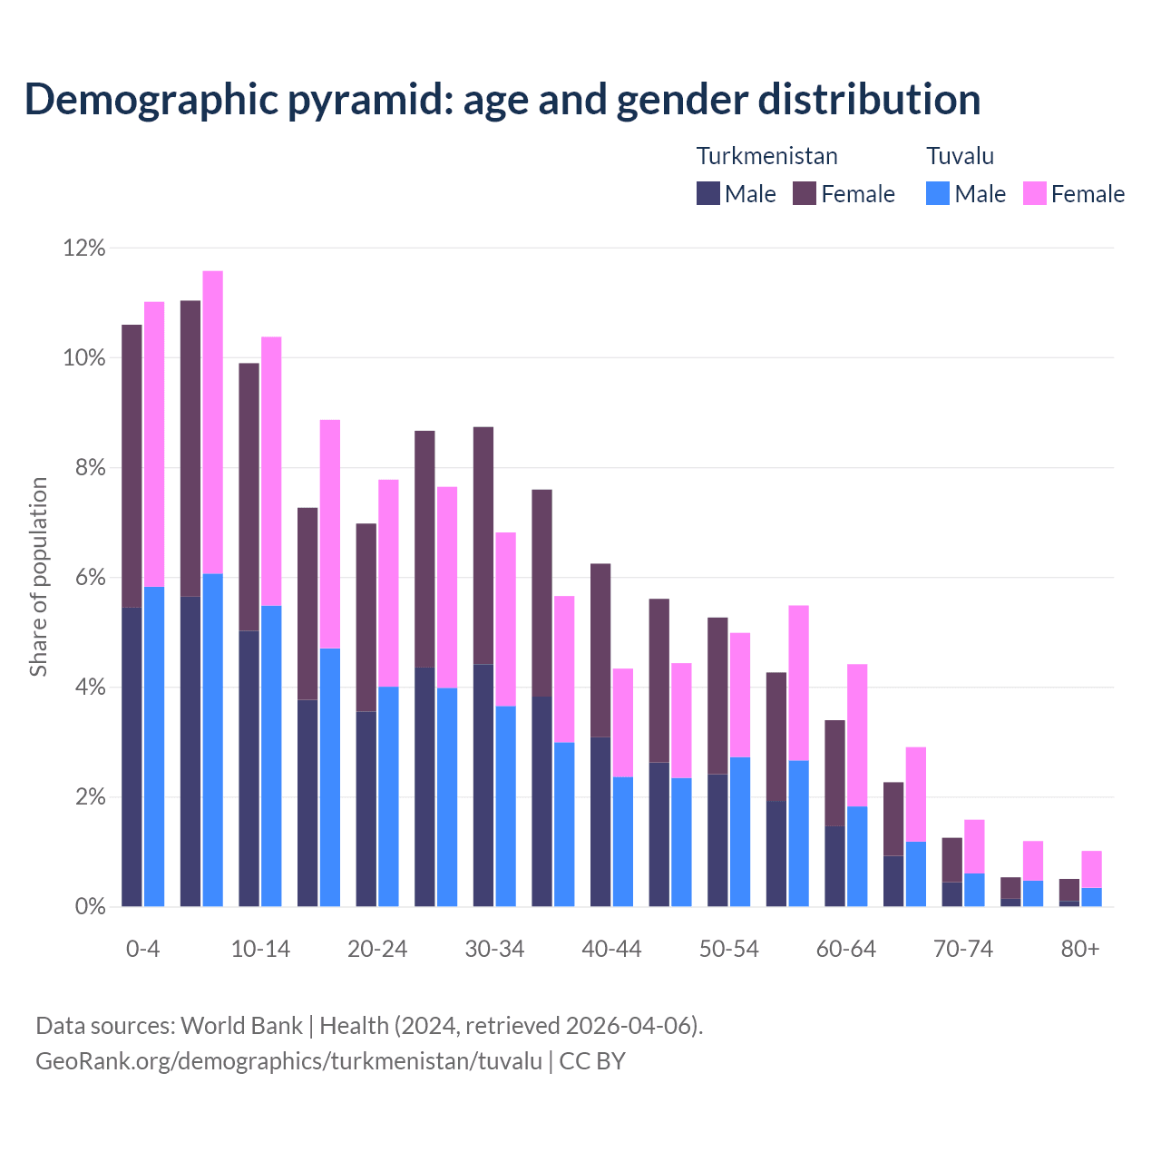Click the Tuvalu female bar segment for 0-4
154,444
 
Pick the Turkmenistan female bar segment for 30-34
483,545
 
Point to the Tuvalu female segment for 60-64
857,736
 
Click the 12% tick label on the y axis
84,248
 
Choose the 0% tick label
89,907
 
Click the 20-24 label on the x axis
377,950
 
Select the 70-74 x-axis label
963,950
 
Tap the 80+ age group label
1080,950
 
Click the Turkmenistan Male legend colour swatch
708,193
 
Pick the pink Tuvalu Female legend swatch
1035,193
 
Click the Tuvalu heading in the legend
960,156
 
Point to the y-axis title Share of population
38,577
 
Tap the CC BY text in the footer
592,1061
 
